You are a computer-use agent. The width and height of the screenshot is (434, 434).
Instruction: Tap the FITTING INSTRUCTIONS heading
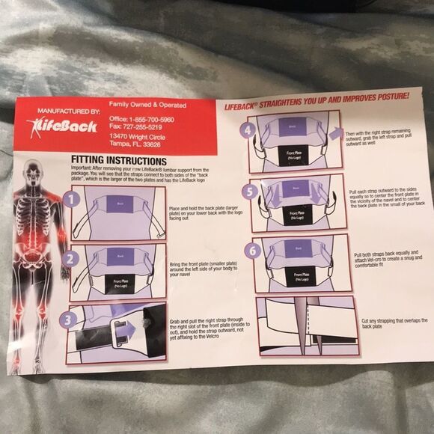pyautogui.click(x=118, y=161)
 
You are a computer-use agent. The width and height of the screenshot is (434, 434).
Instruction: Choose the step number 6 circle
pyautogui.click(x=252, y=251)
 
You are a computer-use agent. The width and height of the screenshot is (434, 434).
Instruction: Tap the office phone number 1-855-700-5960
pyautogui.click(x=152, y=119)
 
